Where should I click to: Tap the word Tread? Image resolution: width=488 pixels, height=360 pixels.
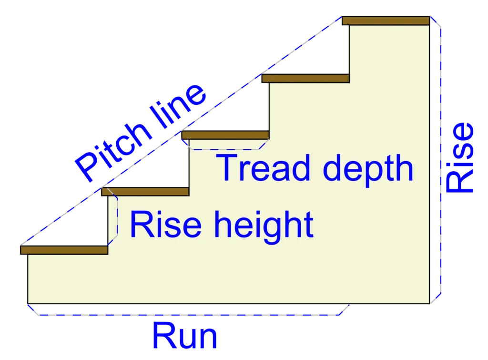(x=260, y=168)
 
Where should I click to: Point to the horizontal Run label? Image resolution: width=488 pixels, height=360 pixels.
(x=184, y=337)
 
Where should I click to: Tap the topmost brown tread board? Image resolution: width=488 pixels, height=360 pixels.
(x=386, y=21)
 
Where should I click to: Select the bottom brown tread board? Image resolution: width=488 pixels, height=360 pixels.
(x=64, y=250)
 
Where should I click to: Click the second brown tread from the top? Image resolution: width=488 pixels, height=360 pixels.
(x=305, y=78)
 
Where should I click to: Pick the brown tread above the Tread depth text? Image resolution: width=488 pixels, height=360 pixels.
(x=225, y=135)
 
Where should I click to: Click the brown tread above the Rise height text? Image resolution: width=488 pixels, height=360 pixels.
(x=145, y=192)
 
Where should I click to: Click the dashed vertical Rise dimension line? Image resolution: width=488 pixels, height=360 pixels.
(x=441, y=157)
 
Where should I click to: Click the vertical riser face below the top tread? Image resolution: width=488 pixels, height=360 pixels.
(x=349, y=50)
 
